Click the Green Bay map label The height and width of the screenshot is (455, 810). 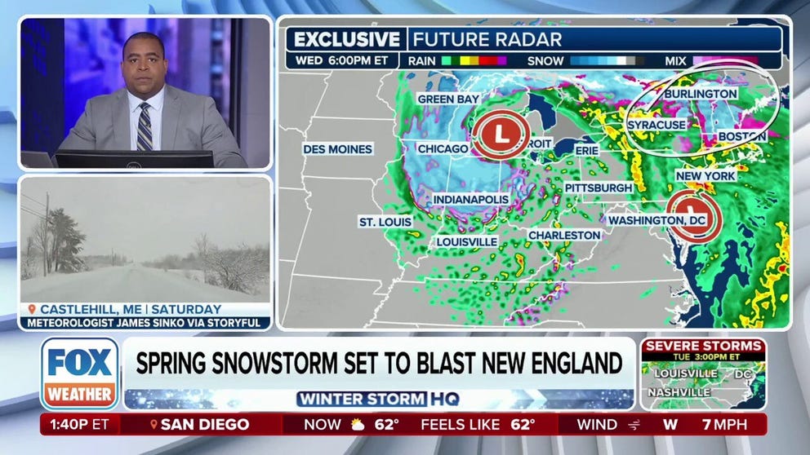point(447,99)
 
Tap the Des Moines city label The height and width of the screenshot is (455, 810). point(337,149)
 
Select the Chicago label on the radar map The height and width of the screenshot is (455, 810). point(443,149)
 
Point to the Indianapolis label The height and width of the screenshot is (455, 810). point(470,199)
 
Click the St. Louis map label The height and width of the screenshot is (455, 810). point(385,222)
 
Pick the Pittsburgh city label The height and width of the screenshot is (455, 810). point(598,188)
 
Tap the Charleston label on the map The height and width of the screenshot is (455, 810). point(564,235)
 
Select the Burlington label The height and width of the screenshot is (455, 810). point(700,94)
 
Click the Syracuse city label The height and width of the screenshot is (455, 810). point(656,125)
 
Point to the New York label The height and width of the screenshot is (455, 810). point(705,175)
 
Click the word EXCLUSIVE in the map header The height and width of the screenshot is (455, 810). point(347,39)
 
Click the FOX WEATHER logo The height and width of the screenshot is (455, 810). point(79,373)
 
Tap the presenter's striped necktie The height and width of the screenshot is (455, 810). point(145,127)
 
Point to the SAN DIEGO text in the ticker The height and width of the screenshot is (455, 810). point(204,424)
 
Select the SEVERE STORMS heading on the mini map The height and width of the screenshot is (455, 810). point(703,346)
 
